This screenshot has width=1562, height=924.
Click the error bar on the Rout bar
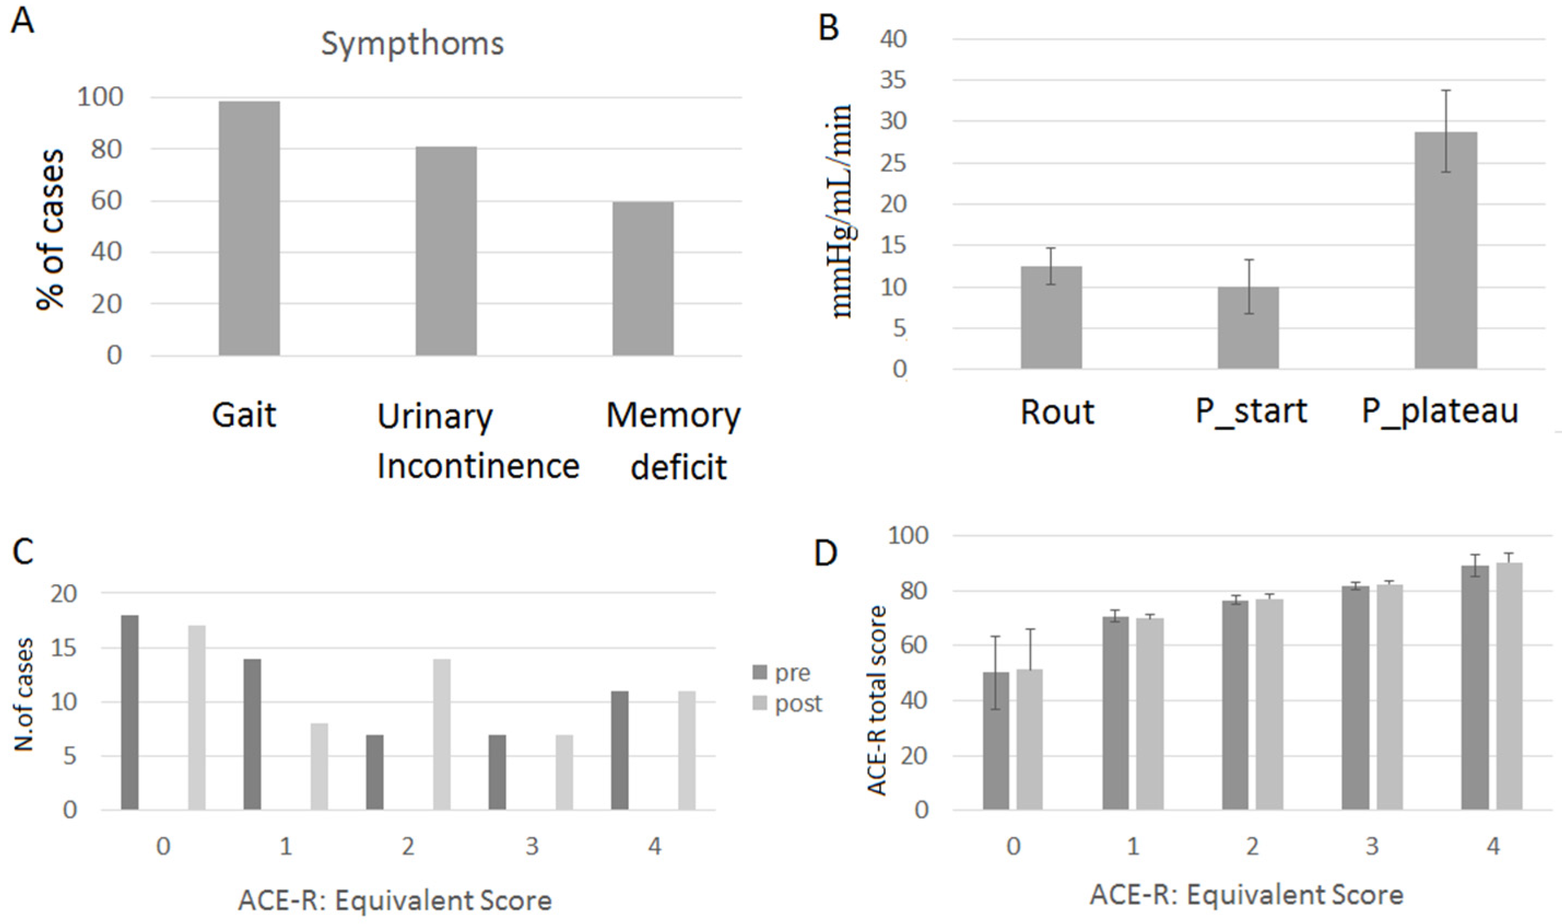coord(1051,266)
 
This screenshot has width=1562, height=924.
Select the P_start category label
coord(1251,411)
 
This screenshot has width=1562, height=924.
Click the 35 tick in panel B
coord(893,80)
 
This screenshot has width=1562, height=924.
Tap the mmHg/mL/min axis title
coord(842,211)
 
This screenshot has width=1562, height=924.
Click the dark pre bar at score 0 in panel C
coord(129,713)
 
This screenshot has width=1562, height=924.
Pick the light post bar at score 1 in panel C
coord(320,766)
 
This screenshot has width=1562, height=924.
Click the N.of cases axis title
coord(23,695)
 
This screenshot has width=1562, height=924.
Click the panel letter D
coord(826,553)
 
